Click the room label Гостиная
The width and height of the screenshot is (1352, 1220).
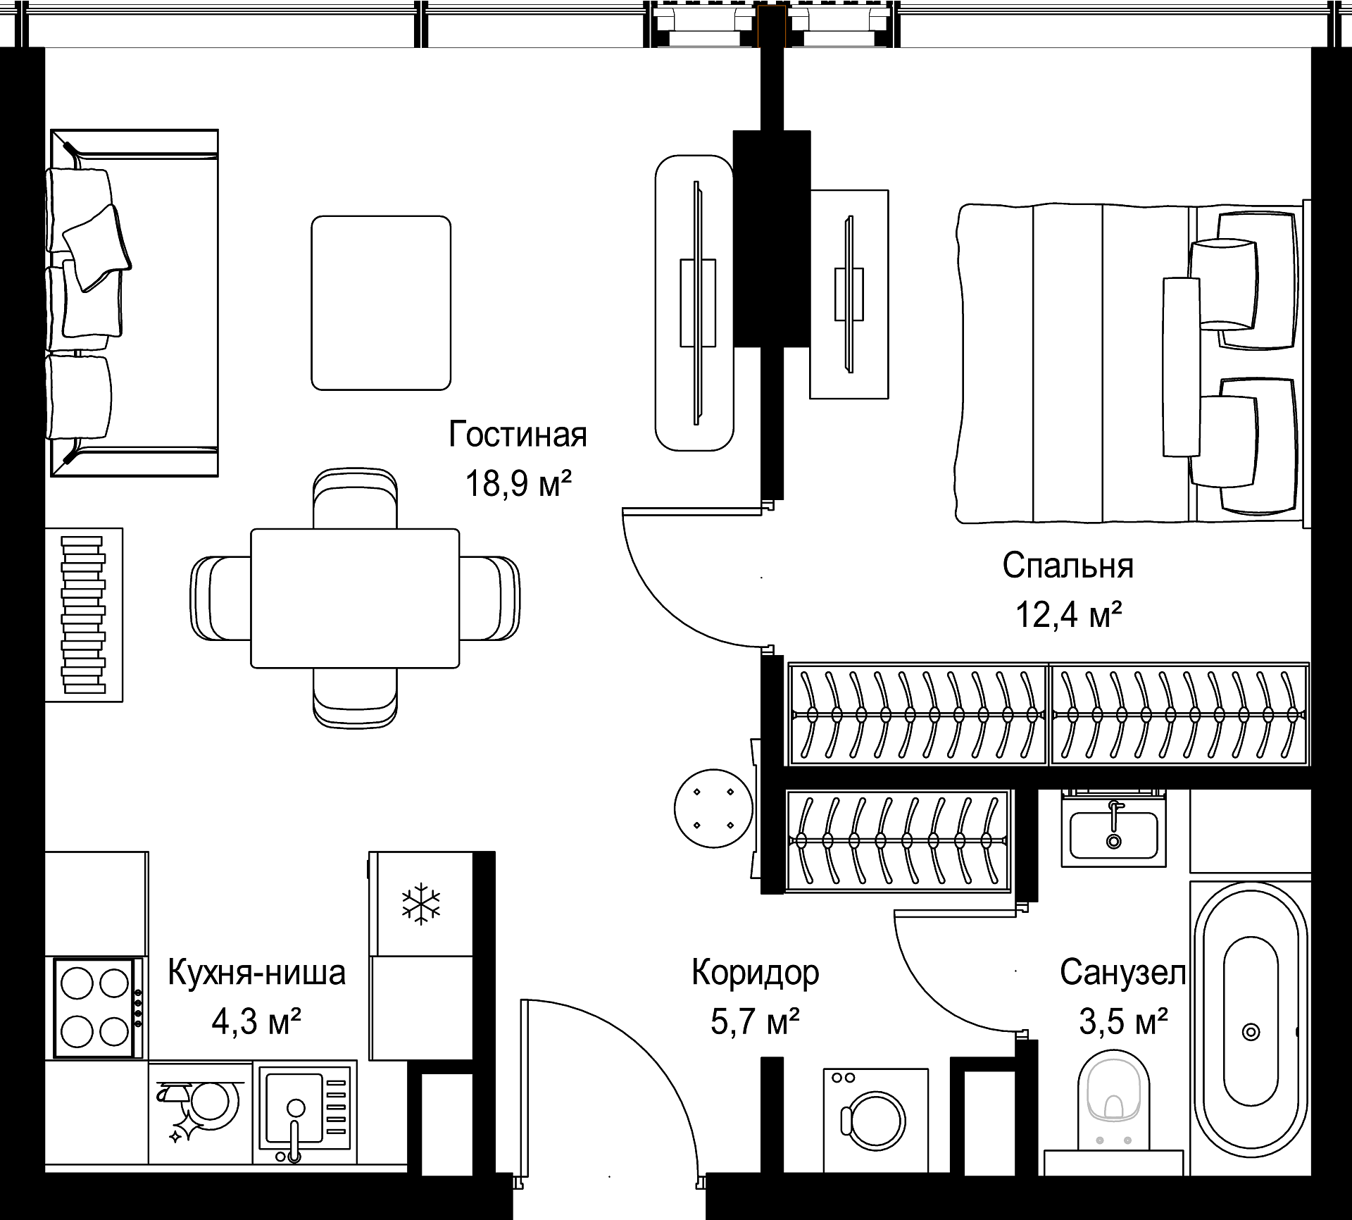(518, 435)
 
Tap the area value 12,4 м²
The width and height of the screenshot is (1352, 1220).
(1068, 615)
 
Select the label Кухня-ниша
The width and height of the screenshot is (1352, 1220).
(257, 973)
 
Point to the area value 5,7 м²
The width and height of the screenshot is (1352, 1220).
(755, 1021)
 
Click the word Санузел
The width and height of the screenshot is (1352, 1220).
(1123, 973)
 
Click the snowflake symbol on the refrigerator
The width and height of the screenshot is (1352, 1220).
(421, 904)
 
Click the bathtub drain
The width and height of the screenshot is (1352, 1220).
(1251, 1033)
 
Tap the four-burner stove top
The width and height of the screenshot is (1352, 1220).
(95, 1008)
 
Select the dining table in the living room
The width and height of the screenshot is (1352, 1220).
(355, 598)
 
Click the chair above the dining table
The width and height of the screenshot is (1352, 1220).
(355, 497)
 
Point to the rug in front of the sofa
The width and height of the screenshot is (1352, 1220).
(381, 303)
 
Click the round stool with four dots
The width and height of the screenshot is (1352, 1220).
(714, 809)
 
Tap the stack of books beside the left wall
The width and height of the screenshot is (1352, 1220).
(84, 615)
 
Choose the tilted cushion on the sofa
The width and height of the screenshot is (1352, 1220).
(97, 247)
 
